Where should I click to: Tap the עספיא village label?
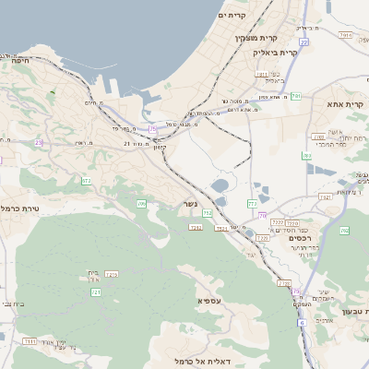click(x=208, y=301)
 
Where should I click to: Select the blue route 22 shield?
click(x=304, y=42)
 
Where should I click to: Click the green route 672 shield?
click(x=86, y=182)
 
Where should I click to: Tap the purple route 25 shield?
click(x=152, y=128)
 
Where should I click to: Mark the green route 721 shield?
click(x=95, y=292)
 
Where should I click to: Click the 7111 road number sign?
click(x=30, y=341)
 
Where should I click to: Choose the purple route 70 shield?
click(x=262, y=215)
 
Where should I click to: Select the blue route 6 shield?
click(x=301, y=322)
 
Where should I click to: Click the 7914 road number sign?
click(x=346, y=35)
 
